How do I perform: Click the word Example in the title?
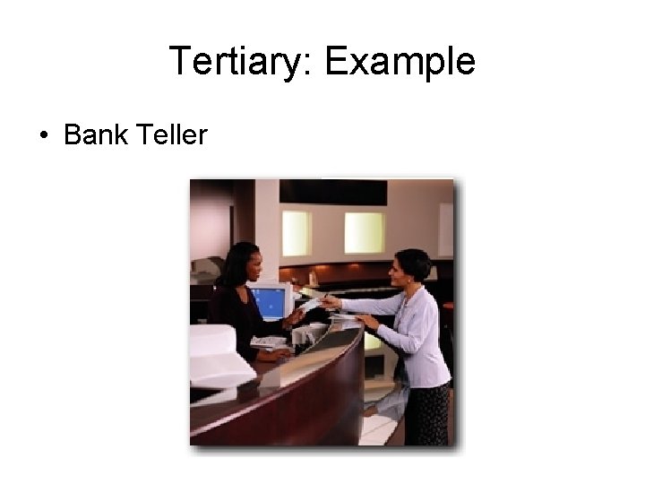click(x=400, y=62)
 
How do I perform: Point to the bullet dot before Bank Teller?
click(x=42, y=136)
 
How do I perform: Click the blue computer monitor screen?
click(x=268, y=303)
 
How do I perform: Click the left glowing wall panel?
click(x=296, y=233)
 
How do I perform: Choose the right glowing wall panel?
click(x=364, y=232)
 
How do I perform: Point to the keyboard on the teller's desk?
click(x=269, y=341)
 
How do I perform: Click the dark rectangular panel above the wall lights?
click(x=332, y=192)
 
